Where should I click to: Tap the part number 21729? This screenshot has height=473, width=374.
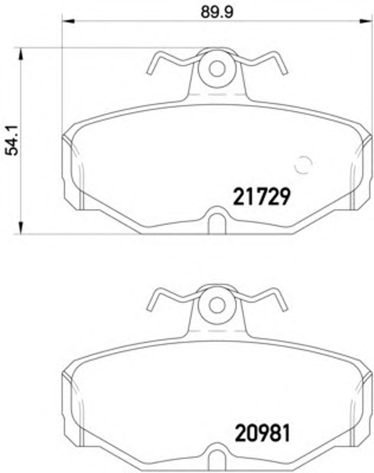pos(262,197)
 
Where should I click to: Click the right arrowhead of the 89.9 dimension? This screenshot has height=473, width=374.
pos(365,21)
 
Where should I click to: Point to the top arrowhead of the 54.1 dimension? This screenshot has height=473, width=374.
pos(21,54)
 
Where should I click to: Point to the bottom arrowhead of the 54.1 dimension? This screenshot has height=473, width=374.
pos(21,228)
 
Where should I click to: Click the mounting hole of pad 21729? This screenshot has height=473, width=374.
pos(217,69)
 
